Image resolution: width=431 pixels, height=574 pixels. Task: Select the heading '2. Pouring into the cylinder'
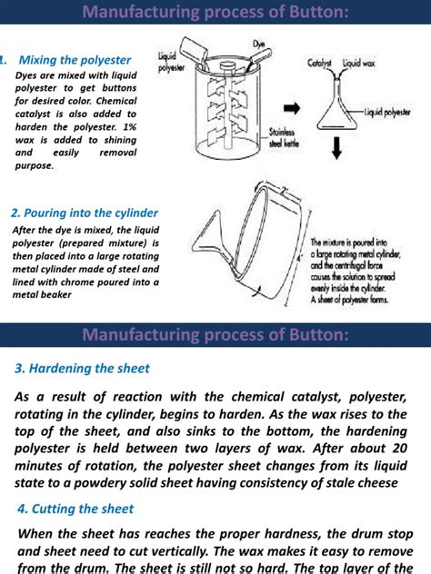[85, 213]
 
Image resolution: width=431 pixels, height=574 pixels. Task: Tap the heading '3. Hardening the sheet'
[82, 368]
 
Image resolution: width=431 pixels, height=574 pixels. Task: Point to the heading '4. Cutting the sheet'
[75, 509]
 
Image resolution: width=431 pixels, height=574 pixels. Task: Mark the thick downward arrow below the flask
[336, 145]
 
